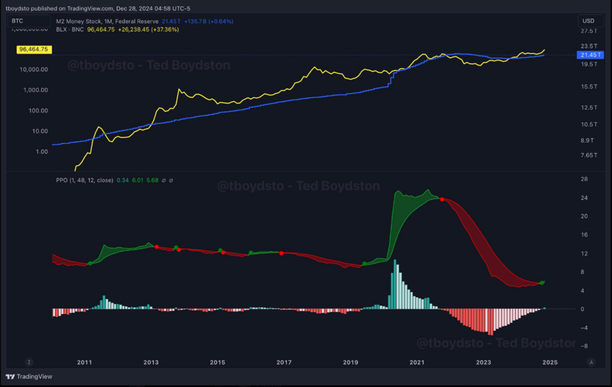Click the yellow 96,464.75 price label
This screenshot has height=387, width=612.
33,50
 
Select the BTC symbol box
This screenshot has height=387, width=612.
18,21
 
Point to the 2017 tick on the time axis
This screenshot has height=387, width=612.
284,362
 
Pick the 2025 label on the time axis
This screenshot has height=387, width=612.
550,362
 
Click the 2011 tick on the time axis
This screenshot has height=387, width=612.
84,362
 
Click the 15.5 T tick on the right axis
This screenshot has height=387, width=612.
589,87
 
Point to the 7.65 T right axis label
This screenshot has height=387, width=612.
589,156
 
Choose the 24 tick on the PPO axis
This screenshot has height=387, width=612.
584,198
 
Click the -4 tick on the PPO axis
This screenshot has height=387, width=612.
584,328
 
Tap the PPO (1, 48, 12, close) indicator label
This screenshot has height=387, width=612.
83,179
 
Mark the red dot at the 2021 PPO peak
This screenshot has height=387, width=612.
442,199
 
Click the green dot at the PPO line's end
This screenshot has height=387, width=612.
541,282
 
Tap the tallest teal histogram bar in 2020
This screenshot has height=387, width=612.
396,284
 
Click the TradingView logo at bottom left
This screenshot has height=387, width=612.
29,377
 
